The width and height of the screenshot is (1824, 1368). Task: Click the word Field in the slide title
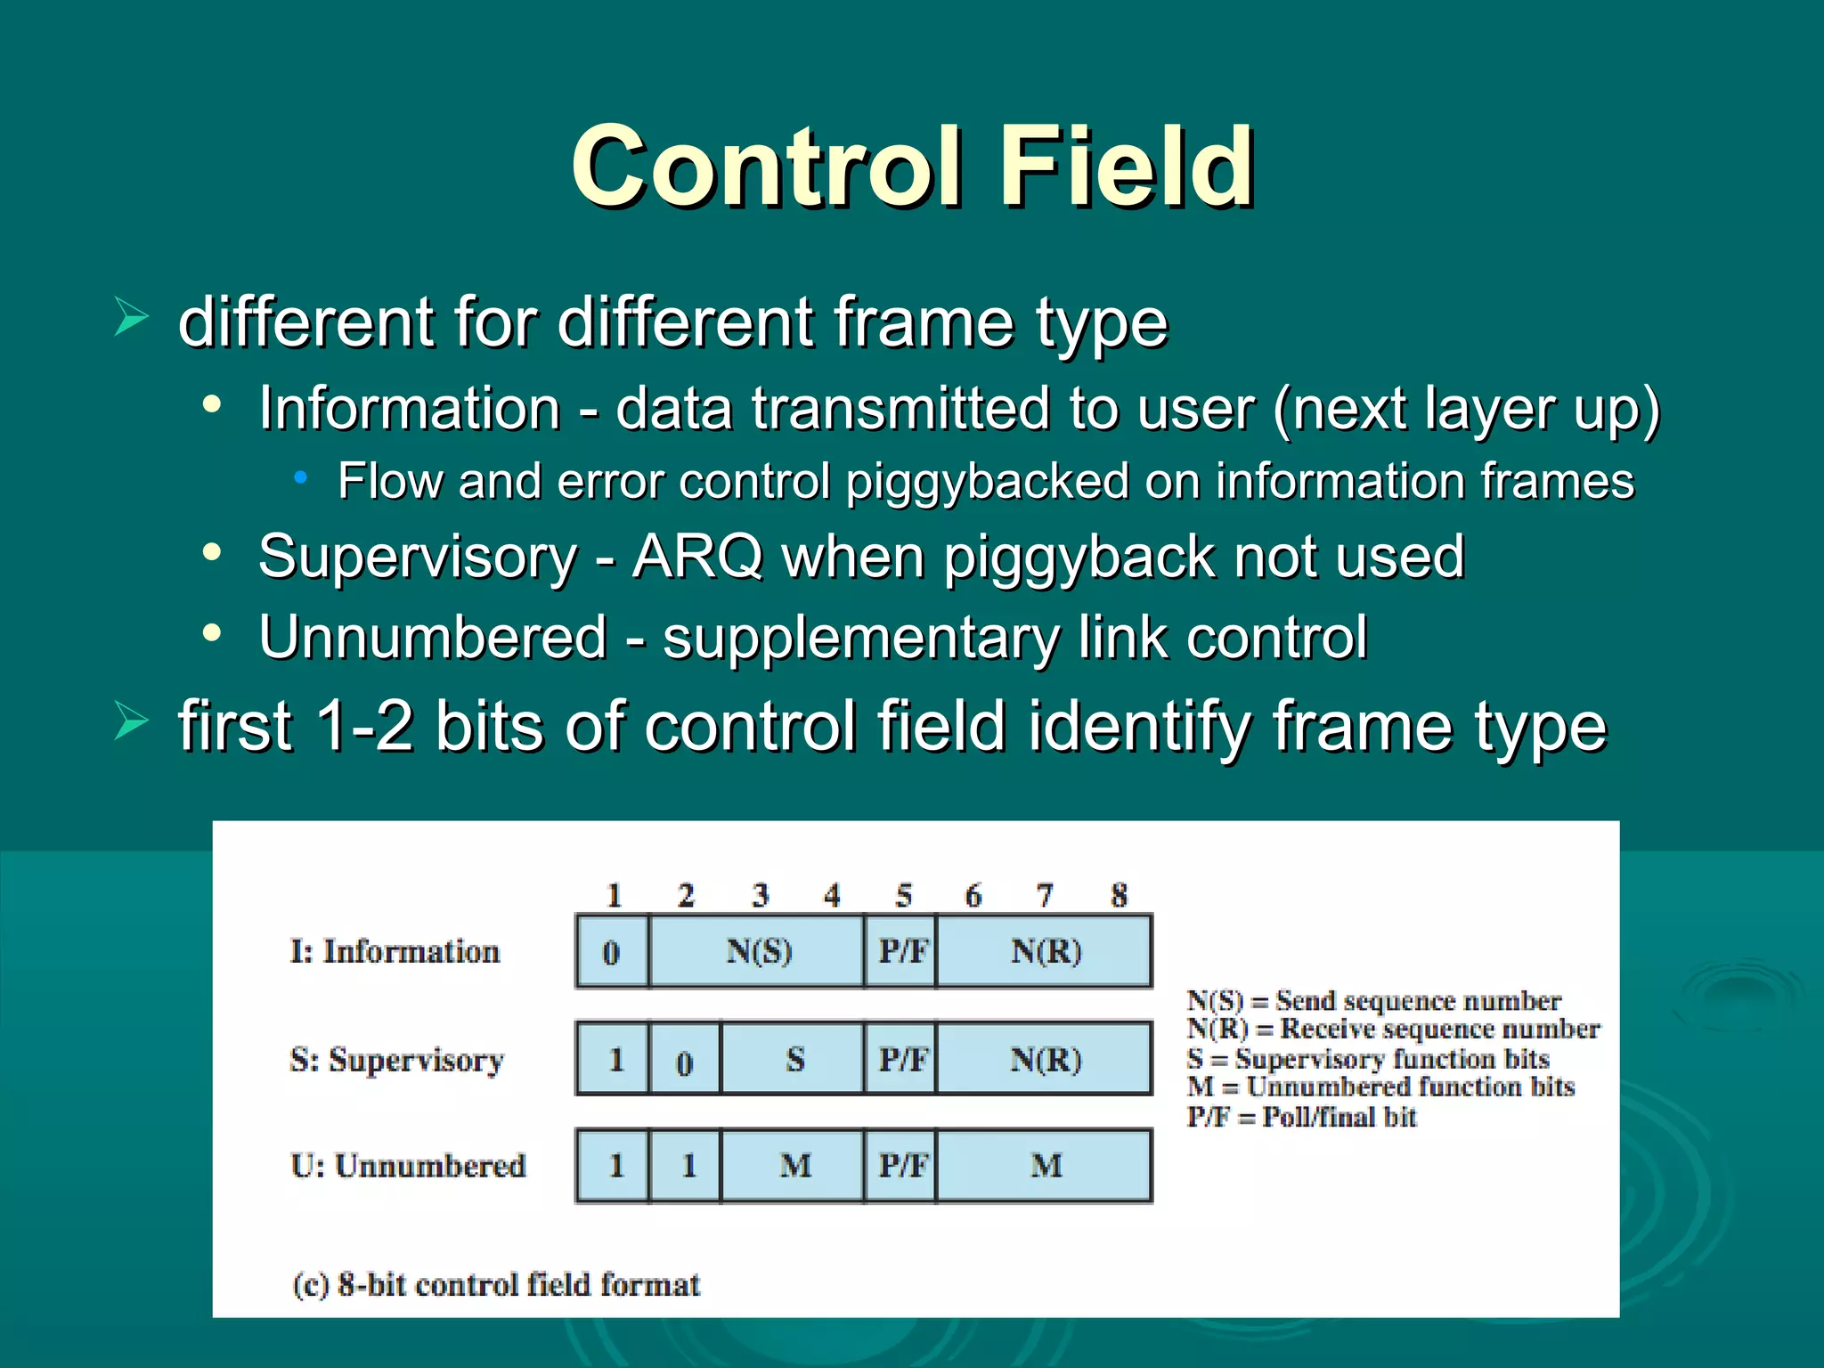tap(1126, 167)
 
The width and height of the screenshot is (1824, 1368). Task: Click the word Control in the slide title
tap(767, 167)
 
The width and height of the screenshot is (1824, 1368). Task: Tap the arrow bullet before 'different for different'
tap(131, 318)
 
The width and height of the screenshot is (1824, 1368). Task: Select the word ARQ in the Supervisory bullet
tap(697, 557)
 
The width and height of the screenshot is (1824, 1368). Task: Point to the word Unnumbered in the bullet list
tap(433, 638)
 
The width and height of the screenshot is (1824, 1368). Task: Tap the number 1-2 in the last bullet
tap(364, 726)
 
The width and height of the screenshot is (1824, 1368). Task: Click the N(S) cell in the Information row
tap(757, 952)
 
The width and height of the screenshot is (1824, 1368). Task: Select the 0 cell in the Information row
tap(612, 952)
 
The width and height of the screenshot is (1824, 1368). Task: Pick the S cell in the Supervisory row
tap(794, 1059)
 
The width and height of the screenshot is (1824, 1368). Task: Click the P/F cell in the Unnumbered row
tap(901, 1166)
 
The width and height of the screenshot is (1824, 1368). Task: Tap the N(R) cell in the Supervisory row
tap(1045, 1059)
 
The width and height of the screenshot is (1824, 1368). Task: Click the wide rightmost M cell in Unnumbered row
tap(1045, 1166)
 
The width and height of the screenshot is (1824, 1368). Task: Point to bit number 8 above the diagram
tap(1119, 895)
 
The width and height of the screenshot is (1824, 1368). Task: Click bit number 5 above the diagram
tap(903, 895)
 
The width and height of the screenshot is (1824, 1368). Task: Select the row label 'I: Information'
tap(395, 951)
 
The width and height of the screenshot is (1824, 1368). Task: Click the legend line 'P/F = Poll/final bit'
tap(1301, 1117)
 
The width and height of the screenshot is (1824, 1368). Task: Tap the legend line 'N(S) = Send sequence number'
tap(1373, 1001)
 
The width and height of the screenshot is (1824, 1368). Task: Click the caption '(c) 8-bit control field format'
tap(496, 1284)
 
